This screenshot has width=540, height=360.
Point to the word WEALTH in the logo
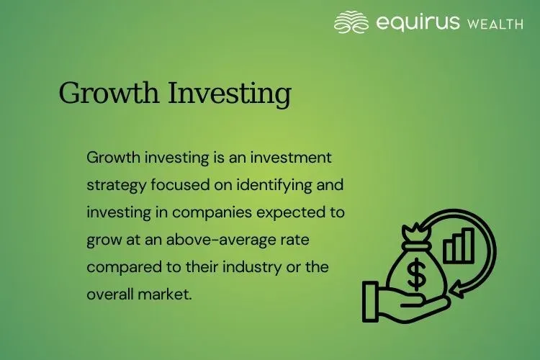495,24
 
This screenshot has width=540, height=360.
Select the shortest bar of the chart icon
448,253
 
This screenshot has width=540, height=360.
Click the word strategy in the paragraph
116,184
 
